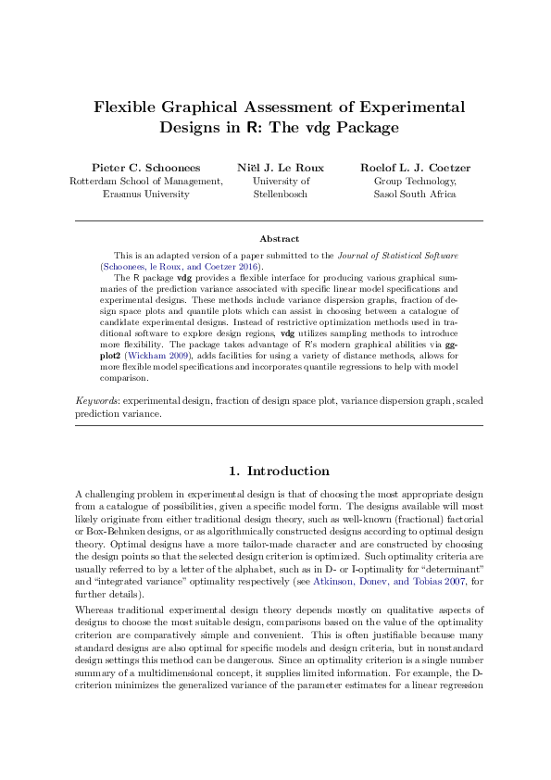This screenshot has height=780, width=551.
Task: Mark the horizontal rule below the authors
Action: (279, 221)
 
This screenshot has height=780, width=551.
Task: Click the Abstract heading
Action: (279, 238)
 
